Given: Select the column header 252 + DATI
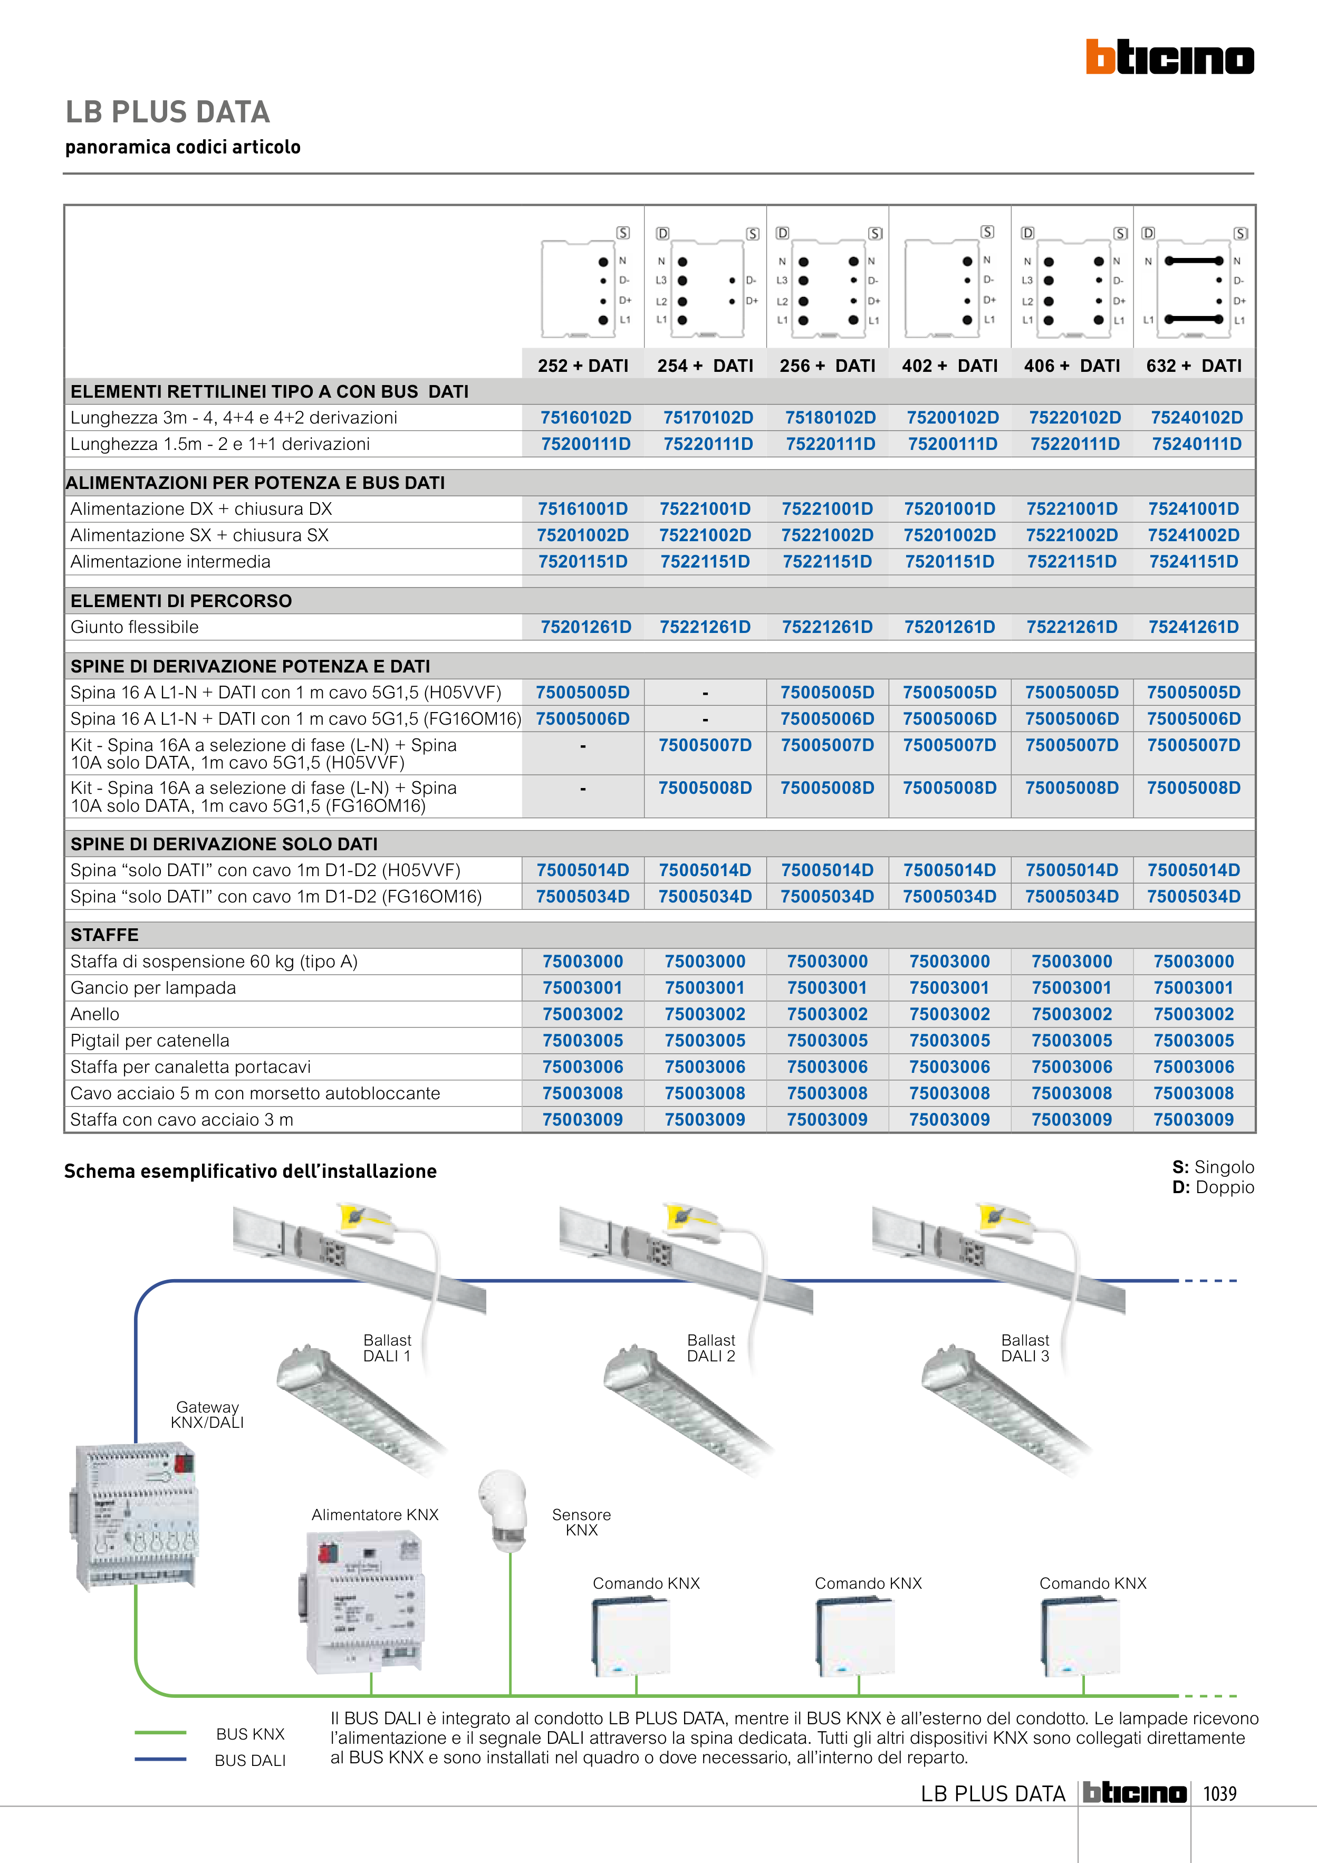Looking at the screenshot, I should click(x=583, y=366).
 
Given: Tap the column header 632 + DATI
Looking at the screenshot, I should click(x=1194, y=366).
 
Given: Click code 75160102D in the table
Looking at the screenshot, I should click(x=586, y=418).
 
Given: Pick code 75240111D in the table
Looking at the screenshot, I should click(x=1197, y=444).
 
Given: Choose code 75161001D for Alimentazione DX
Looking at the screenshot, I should click(x=583, y=509).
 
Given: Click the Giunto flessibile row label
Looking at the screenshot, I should click(x=134, y=627).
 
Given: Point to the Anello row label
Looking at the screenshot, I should click(x=95, y=1014).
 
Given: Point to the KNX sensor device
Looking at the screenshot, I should click(x=503, y=1511).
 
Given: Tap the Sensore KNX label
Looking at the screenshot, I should click(x=581, y=1522).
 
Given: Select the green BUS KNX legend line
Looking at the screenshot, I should click(x=161, y=1733).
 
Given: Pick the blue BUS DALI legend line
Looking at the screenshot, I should click(x=161, y=1759).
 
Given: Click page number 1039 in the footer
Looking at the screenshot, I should click(x=1219, y=1793).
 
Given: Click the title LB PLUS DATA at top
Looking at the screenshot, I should click(x=168, y=112).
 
